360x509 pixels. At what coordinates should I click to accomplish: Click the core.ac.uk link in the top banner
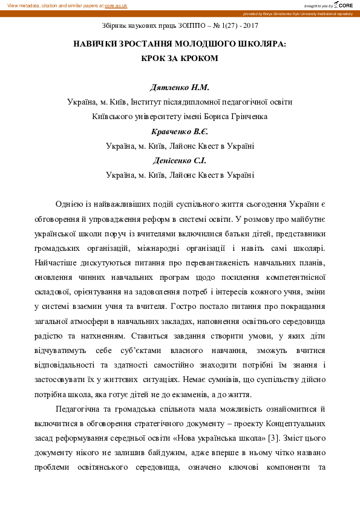click(116, 5)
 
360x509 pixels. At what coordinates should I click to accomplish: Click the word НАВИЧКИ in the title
click(99, 45)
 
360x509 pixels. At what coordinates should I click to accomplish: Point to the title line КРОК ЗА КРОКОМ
click(179, 59)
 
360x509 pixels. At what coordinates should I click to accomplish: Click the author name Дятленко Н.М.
click(179, 88)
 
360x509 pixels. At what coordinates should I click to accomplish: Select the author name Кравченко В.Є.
click(179, 132)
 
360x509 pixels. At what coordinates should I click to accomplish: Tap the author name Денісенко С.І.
click(179, 161)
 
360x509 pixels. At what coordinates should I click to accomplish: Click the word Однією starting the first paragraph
click(70, 205)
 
